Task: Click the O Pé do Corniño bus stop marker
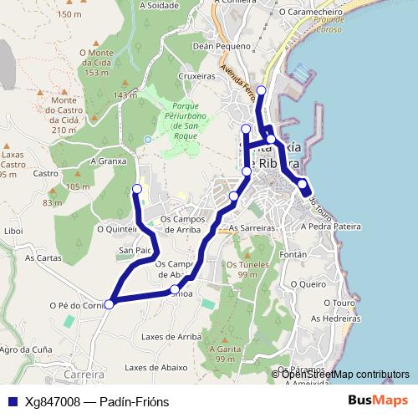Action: (109, 303)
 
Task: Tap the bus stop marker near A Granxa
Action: (137, 189)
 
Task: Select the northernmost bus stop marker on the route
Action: (261, 89)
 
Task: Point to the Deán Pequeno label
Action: (222, 47)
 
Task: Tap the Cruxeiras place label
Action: (197, 75)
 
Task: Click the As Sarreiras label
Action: (252, 227)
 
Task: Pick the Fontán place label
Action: (293, 253)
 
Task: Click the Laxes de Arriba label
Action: (171, 337)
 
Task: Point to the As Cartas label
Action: (43, 258)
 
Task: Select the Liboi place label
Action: (14, 230)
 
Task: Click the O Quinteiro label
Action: (117, 228)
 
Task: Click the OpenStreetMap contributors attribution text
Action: (345, 375)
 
